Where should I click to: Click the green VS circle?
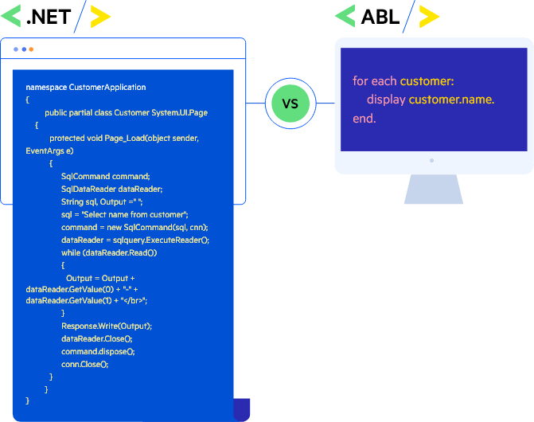click(x=290, y=104)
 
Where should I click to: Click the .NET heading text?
click(x=49, y=16)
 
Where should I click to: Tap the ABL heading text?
click(x=380, y=16)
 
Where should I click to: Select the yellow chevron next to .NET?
click(x=100, y=16)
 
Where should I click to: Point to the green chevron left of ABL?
click(x=345, y=16)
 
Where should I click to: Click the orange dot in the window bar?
click(x=31, y=49)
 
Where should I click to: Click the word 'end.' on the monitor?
click(x=364, y=119)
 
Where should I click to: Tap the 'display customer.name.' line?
click(x=430, y=100)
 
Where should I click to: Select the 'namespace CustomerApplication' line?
click(x=86, y=87)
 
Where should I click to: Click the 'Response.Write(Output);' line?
click(x=106, y=326)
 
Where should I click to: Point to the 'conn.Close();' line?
click(x=84, y=363)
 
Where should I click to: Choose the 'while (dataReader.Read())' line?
click(x=109, y=252)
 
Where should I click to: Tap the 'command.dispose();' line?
click(x=98, y=351)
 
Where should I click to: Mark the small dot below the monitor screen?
click(x=432, y=159)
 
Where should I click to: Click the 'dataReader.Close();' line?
click(x=96, y=338)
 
